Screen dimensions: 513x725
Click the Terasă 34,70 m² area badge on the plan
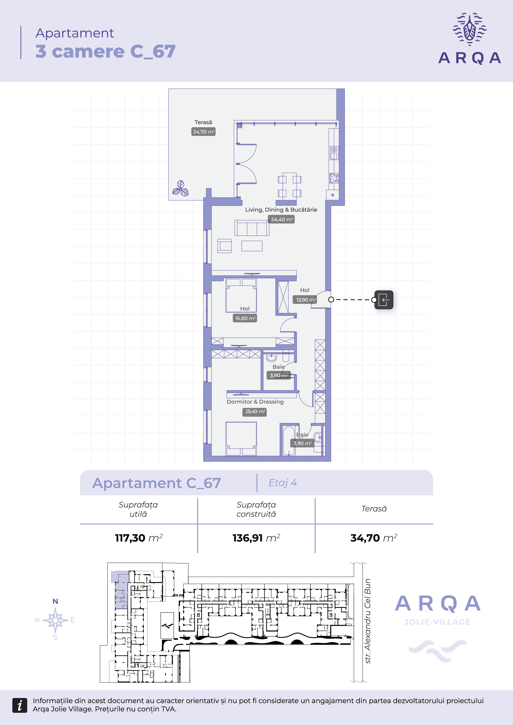(x=204, y=132)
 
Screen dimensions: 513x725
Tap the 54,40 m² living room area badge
(x=281, y=219)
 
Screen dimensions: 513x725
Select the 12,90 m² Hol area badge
(x=305, y=299)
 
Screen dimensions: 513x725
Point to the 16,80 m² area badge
(x=245, y=318)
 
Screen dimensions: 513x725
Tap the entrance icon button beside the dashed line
(x=384, y=300)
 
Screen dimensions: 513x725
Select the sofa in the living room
(x=252, y=228)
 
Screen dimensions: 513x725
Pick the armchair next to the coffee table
(x=224, y=246)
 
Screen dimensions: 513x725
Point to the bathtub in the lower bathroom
(x=289, y=441)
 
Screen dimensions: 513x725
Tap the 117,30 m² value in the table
(x=139, y=538)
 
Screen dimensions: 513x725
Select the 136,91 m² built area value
(x=256, y=538)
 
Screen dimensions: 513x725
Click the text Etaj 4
(x=283, y=483)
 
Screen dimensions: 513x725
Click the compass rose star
(x=55, y=620)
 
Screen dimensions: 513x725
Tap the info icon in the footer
(x=20, y=705)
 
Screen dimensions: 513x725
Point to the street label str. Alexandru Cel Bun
(x=367, y=621)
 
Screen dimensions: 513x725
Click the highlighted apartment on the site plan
(x=120, y=589)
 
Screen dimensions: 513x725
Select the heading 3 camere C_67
(x=106, y=51)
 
